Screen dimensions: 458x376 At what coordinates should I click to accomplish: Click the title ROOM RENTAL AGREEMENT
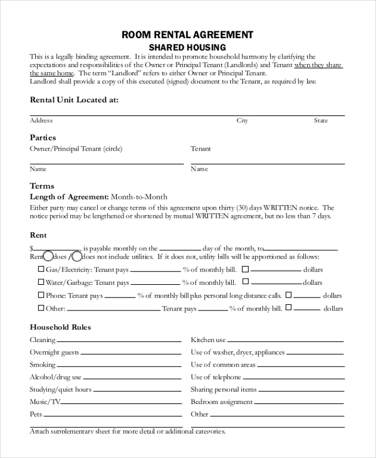[x=187, y=35]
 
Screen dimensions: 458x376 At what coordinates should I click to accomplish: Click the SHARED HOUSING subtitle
[x=187, y=47]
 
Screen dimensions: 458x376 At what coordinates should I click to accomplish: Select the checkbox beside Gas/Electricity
[x=41, y=269]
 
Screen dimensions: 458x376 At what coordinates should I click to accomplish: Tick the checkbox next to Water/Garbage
[x=41, y=282]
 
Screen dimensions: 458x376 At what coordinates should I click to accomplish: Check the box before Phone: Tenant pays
[x=41, y=295]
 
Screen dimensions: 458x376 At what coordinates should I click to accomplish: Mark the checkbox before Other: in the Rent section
[x=41, y=308]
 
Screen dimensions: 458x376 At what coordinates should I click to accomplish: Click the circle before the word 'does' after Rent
[x=48, y=256]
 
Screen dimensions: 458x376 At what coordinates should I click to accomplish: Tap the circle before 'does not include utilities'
[x=76, y=256]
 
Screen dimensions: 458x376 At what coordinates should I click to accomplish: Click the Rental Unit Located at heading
[x=74, y=99]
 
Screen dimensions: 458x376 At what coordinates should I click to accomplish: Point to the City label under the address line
[x=242, y=120]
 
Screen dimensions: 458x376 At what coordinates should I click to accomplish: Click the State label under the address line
[x=321, y=120]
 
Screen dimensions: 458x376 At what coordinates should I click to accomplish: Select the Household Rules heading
[x=61, y=327]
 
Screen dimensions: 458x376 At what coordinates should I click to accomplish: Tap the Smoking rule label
[x=43, y=365]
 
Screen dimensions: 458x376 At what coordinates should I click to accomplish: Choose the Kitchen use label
[x=208, y=339]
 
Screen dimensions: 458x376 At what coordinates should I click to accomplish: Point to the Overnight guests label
[x=55, y=352]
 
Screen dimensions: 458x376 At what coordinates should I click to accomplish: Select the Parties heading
[x=43, y=137]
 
